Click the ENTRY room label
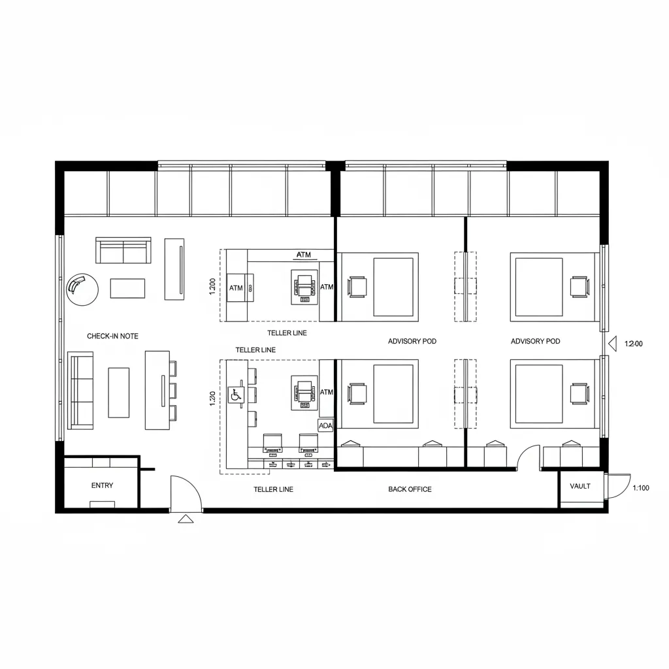coord(103,485)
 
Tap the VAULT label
coord(580,486)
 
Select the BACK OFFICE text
coord(410,489)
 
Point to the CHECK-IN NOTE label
coord(112,336)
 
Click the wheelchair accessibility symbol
coord(236,395)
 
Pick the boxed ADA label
coord(325,426)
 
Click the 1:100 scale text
coord(641,487)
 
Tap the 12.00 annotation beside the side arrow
coord(634,344)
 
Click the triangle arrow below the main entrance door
coord(186,519)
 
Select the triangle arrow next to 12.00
coord(613,344)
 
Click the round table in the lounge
coord(82,289)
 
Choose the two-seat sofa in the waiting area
coord(123,250)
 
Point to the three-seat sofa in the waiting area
coord(80,391)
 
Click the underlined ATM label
coord(304,255)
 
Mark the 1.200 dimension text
coord(212,287)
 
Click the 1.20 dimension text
coord(212,399)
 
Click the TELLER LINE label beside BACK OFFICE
coord(274,489)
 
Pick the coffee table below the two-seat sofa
coord(127,288)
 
